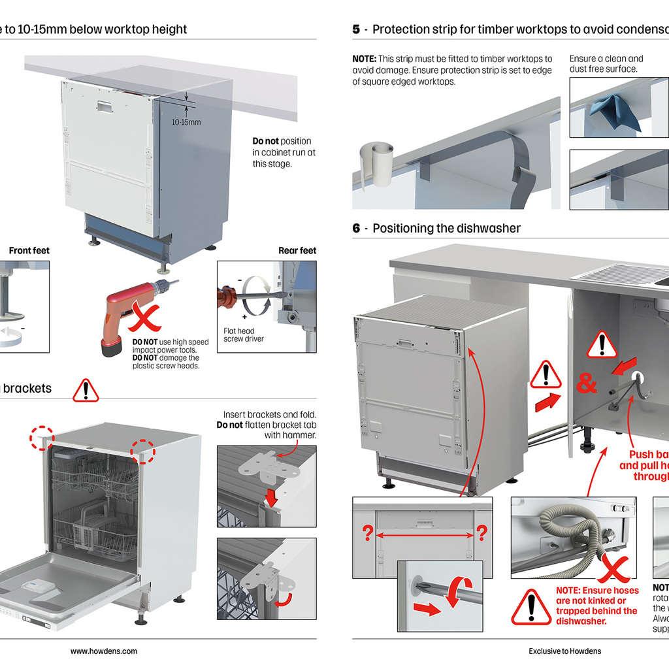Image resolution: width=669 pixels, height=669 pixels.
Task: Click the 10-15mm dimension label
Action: coord(186,122)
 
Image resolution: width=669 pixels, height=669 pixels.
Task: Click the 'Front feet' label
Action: coord(29,251)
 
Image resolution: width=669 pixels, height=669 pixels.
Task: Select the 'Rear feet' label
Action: coord(297,251)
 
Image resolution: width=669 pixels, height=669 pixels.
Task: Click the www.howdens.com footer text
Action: coord(104,651)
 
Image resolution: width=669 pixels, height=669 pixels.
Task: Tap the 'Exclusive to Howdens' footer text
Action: coord(565,651)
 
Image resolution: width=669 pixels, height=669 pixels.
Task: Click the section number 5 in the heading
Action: coord(356,29)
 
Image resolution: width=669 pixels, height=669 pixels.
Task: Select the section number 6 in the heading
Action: coord(356,228)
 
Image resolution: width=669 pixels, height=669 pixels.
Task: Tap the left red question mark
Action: coord(367,534)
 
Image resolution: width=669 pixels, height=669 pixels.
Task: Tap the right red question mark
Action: coord(481,534)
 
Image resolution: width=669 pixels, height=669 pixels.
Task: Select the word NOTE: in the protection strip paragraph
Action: coord(364,59)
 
